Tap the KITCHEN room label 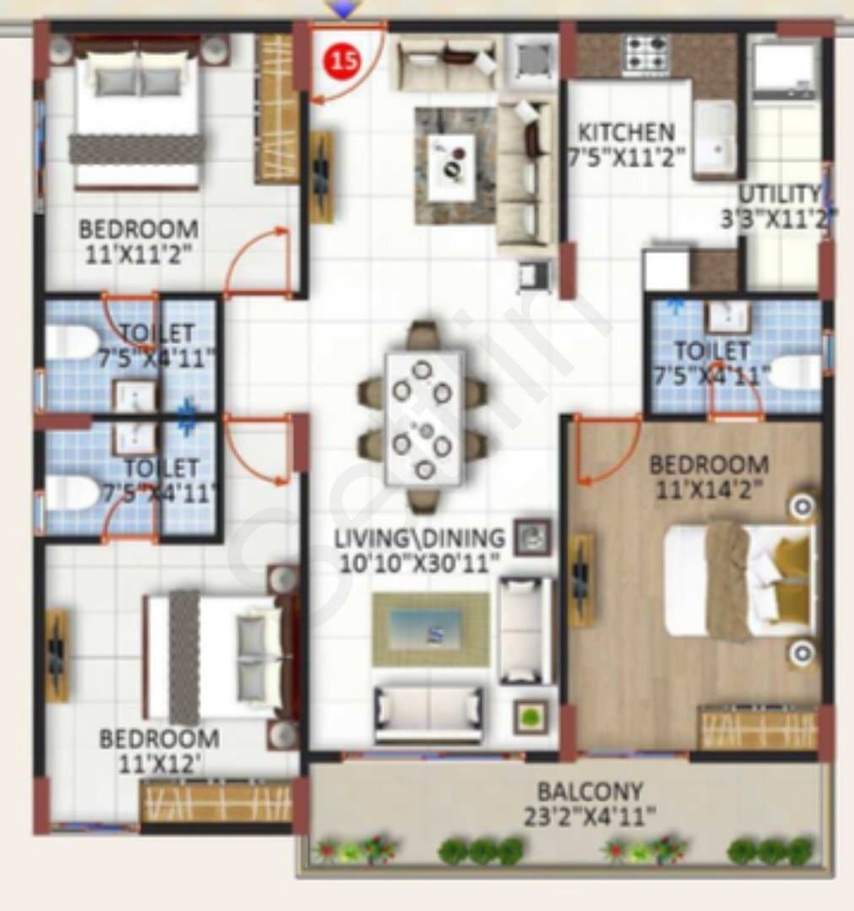pyautogui.click(x=626, y=132)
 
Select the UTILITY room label pyautogui.click(x=780, y=193)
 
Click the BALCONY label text pyautogui.click(x=590, y=791)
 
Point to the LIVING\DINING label pyautogui.click(x=419, y=538)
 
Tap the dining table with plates pyautogui.click(x=424, y=418)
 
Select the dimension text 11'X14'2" pyautogui.click(x=709, y=490)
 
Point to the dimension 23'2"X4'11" pyautogui.click(x=590, y=817)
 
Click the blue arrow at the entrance pyautogui.click(x=344, y=8)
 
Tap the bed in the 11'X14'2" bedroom pyautogui.click(x=739, y=581)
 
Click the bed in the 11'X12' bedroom pyautogui.click(x=214, y=656)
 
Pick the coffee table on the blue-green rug pyautogui.click(x=430, y=628)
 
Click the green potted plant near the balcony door pyautogui.click(x=530, y=717)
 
